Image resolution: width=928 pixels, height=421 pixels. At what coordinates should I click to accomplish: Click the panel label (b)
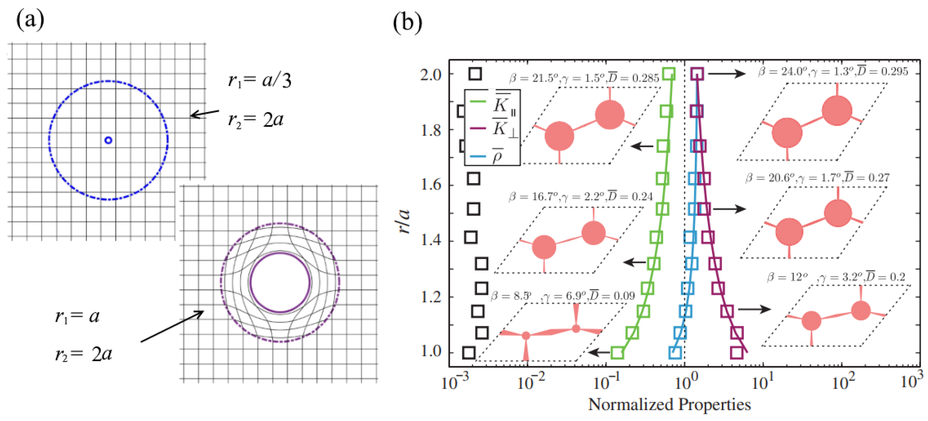click(407, 23)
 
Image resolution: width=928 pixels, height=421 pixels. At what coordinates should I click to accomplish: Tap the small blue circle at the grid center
click(108, 140)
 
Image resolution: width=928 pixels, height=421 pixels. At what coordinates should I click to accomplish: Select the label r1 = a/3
click(259, 80)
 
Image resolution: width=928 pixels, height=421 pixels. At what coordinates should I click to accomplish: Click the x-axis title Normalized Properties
click(669, 405)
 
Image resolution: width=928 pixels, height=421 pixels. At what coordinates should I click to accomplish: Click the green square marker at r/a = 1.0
click(617, 353)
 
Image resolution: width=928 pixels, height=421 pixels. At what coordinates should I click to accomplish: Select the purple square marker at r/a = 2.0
click(697, 73)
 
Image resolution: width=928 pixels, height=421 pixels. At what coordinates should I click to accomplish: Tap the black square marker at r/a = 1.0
click(468, 353)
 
